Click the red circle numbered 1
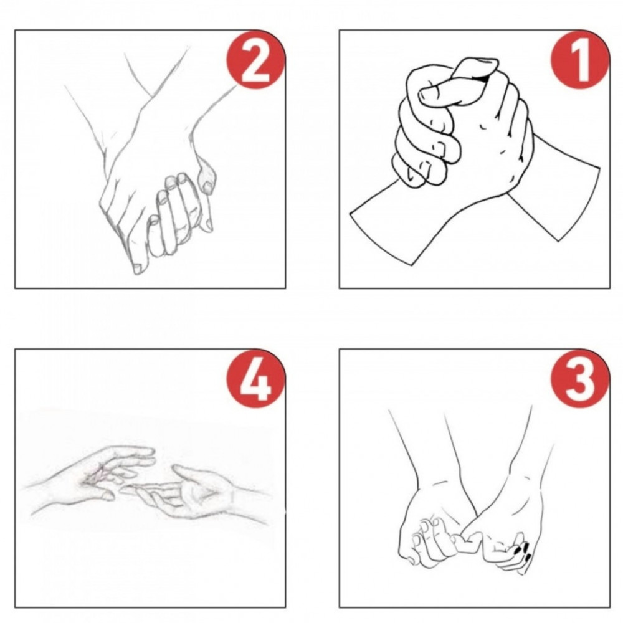(x=579, y=59)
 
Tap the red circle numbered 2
(x=255, y=59)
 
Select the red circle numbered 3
(x=579, y=378)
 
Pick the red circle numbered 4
(x=255, y=378)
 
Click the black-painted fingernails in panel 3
(x=523, y=552)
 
